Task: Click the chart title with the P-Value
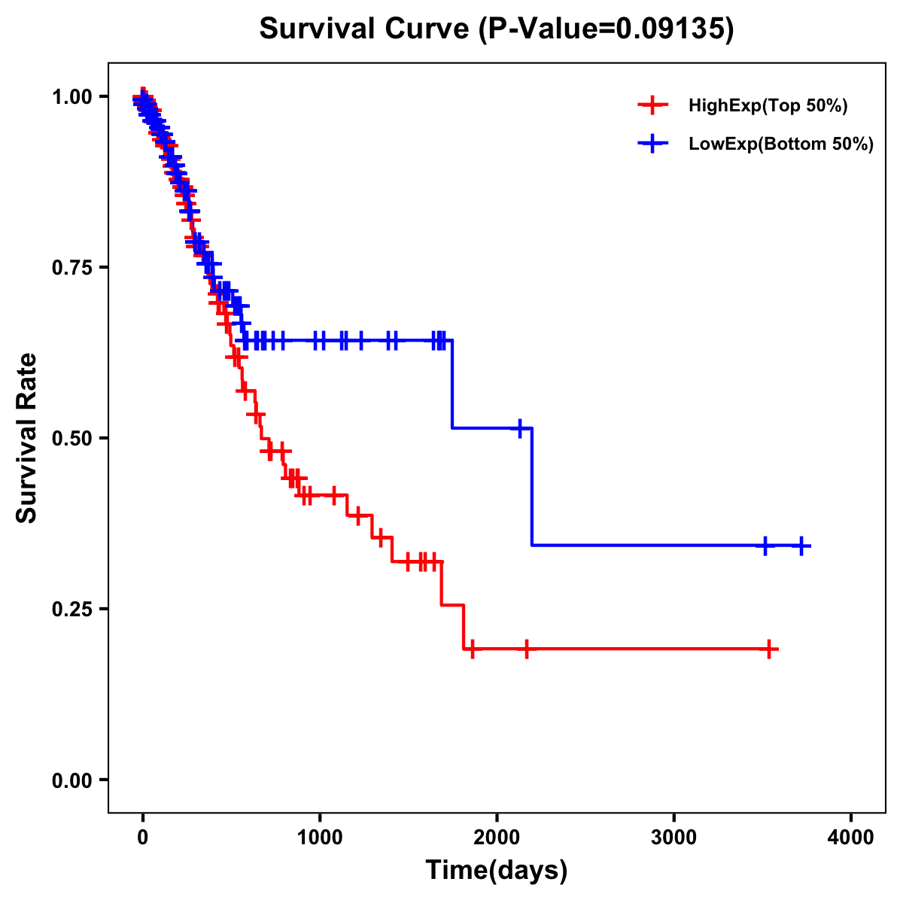coord(497,29)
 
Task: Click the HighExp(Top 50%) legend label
coord(768,106)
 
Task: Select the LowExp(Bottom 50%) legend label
coord(781,144)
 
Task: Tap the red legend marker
coord(652,105)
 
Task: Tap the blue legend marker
coord(652,144)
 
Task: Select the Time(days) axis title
coord(497,871)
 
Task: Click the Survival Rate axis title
coord(27,438)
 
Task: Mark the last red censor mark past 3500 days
coord(769,649)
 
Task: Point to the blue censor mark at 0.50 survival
coord(519,427)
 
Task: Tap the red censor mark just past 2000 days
coord(526,649)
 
